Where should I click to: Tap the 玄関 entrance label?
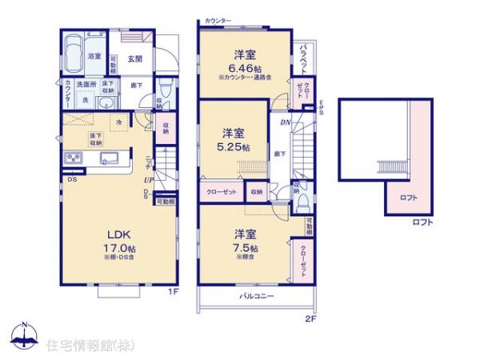point(134,58)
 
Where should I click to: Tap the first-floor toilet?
point(164,90)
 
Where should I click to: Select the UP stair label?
point(149,182)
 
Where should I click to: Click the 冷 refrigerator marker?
point(119,122)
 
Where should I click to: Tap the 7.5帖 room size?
point(245,247)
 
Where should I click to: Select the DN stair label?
point(285,123)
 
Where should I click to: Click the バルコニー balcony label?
point(256,295)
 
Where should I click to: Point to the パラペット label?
point(305,59)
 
